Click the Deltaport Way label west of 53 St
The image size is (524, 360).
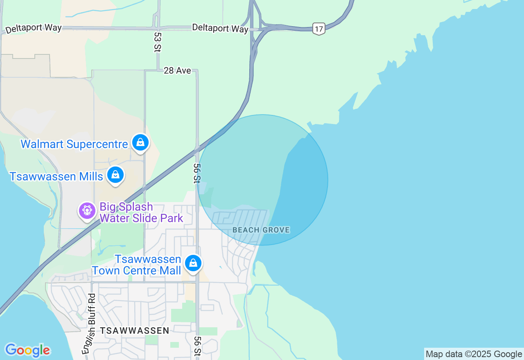(34, 29)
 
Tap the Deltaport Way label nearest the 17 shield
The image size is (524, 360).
(220, 28)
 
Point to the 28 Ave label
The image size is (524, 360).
(177, 70)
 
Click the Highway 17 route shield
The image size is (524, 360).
(319, 29)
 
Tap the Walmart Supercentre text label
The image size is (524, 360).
(74, 144)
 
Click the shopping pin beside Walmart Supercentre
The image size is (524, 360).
(140, 142)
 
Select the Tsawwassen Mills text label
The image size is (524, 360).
(56, 176)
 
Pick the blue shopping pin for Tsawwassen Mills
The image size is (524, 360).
(115, 175)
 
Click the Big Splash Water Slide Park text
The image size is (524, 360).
(141, 212)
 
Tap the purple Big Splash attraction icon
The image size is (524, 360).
(87, 211)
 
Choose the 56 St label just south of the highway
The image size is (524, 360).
(197, 173)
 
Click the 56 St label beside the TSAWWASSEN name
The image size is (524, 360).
(198, 346)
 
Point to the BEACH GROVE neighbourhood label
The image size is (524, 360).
(261, 230)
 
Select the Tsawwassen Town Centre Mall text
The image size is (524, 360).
(137, 265)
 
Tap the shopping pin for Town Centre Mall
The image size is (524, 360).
(193, 263)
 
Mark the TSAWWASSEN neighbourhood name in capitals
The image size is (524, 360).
(135, 331)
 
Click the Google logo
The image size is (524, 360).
(27, 350)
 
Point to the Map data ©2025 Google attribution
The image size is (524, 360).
(474, 354)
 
